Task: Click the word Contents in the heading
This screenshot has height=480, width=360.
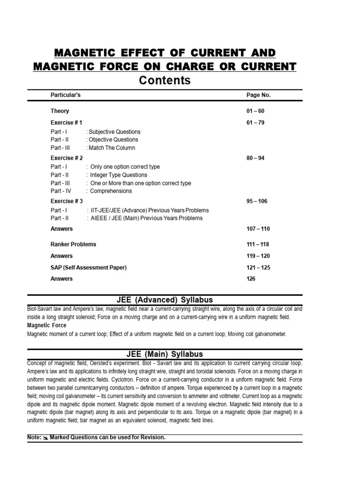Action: click(x=165, y=81)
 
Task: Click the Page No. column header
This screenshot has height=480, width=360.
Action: click(x=258, y=95)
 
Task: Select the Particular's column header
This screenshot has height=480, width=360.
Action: click(x=66, y=95)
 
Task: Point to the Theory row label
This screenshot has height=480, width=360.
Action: click(x=60, y=111)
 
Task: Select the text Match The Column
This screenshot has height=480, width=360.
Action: click(x=112, y=148)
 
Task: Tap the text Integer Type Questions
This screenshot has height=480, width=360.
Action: click(x=119, y=175)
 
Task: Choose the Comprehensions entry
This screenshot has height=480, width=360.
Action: click(x=111, y=191)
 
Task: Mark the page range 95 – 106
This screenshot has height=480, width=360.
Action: click(x=257, y=201)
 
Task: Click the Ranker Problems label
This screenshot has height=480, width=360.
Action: click(x=73, y=244)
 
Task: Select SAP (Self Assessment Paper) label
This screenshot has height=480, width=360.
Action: click(x=89, y=268)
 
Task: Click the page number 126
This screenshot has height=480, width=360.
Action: click(x=251, y=279)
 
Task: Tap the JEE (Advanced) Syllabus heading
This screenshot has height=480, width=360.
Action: click(x=165, y=300)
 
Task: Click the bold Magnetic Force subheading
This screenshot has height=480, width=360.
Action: click(x=47, y=325)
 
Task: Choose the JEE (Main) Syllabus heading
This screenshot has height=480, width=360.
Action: click(x=165, y=354)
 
